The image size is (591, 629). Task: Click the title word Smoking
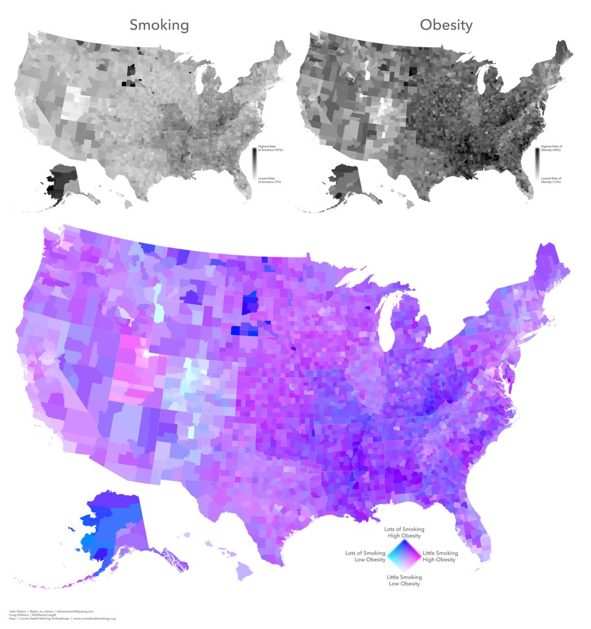click(x=159, y=25)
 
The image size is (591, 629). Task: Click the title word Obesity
click(x=446, y=25)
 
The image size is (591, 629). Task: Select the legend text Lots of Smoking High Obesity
click(x=404, y=532)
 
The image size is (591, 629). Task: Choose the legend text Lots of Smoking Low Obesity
click(x=366, y=557)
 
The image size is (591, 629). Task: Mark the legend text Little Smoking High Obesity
click(x=440, y=557)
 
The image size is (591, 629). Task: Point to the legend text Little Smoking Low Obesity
click(x=404, y=580)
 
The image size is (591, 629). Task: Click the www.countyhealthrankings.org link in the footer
click(x=93, y=619)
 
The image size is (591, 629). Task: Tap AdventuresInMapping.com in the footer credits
click(x=79, y=611)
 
